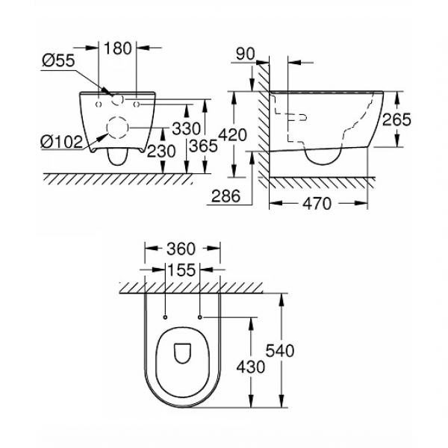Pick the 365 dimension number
click(x=203, y=147)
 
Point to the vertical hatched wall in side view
click(x=262, y=119)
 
